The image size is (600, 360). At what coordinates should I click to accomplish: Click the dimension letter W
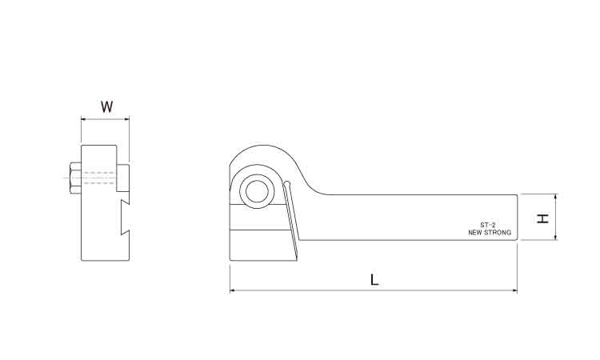pos(106,106)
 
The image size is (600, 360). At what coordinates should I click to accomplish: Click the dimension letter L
pos(374,280)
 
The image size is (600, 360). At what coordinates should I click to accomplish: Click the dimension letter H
pos(542,218)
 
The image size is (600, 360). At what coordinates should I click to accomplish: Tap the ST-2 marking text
pos(488,226)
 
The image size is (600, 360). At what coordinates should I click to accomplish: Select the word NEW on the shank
pos(475,233)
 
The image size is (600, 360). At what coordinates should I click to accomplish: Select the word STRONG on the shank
pos(498,233)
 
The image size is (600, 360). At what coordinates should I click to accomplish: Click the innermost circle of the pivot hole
pos(257,191)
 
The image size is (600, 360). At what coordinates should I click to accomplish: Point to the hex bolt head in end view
pos(75,178)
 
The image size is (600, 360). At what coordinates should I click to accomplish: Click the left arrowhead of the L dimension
pos(232,290)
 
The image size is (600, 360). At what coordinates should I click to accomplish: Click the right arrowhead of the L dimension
pos(514,290)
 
